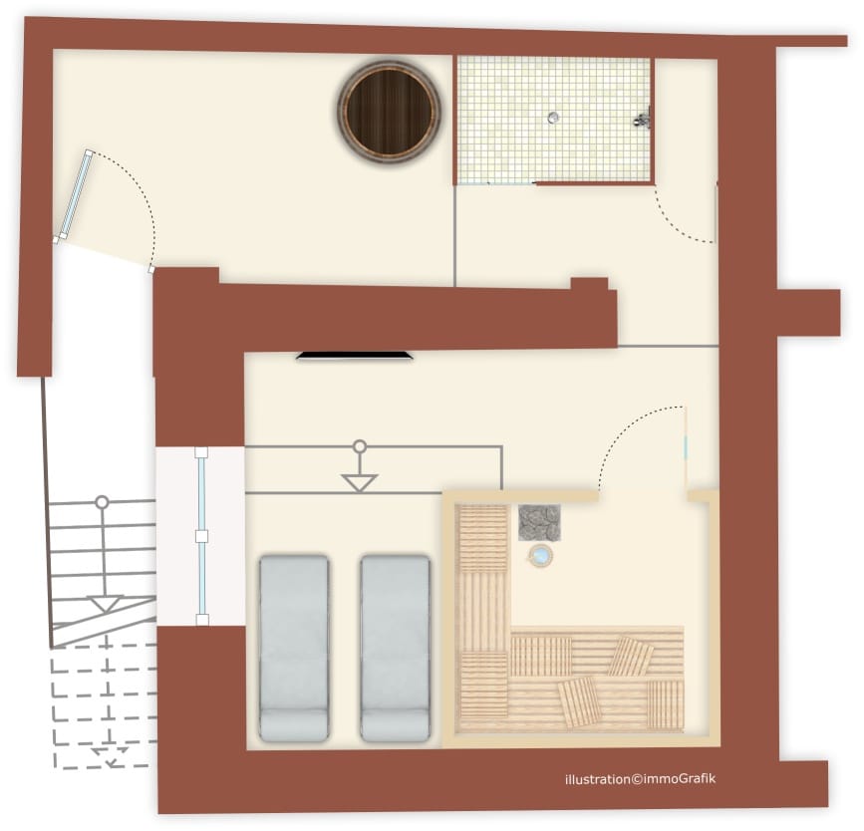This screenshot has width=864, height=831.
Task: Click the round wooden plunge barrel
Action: (390, 111)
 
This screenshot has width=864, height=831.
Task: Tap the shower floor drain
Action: (553, 117)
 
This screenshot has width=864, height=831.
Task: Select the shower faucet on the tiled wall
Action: (643, 119)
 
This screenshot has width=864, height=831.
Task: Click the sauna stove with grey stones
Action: (539, 522)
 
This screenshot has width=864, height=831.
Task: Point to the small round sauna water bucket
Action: (540, 555)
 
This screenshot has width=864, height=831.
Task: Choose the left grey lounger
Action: (294, 648)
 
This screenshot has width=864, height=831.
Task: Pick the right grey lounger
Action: (395, 648)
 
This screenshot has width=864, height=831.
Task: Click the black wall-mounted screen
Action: (355, 356)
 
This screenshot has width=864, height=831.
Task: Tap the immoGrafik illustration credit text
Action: (641, 778)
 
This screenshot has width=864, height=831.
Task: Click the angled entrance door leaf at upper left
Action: (75, 195)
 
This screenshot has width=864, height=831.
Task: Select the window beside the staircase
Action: (201, 537)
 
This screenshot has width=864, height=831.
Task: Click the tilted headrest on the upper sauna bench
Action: (632, 657)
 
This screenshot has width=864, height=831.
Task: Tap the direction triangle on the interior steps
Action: (360, 482)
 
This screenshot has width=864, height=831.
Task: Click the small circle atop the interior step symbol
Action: (360, 445)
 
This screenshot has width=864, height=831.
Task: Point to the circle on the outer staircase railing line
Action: (102, 502)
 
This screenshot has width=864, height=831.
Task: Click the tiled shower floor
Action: (553, 121)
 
